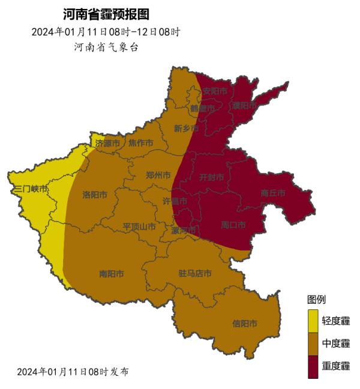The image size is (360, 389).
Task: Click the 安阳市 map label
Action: click(215, 91)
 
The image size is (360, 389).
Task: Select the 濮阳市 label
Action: click(244, 105)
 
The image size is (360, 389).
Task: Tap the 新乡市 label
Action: click(186, 128)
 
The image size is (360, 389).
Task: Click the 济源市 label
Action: click(107, 143)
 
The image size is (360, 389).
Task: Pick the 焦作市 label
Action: click(140, 143)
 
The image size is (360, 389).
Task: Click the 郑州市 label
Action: click(158, 176)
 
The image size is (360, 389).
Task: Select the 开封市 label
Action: click(211, 177)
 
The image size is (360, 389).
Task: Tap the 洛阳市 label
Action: click(95, 195)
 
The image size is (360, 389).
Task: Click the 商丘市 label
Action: click(273, 193)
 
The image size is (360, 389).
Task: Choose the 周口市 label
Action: click(233, 225)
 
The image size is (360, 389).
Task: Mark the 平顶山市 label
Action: click(139, 227)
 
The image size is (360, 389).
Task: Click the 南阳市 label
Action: click(112, 274)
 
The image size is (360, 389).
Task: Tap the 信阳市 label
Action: click(245, 324)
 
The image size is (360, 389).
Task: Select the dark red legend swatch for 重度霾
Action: click(313, 366)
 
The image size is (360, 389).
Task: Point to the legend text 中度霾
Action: click(336, 343)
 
